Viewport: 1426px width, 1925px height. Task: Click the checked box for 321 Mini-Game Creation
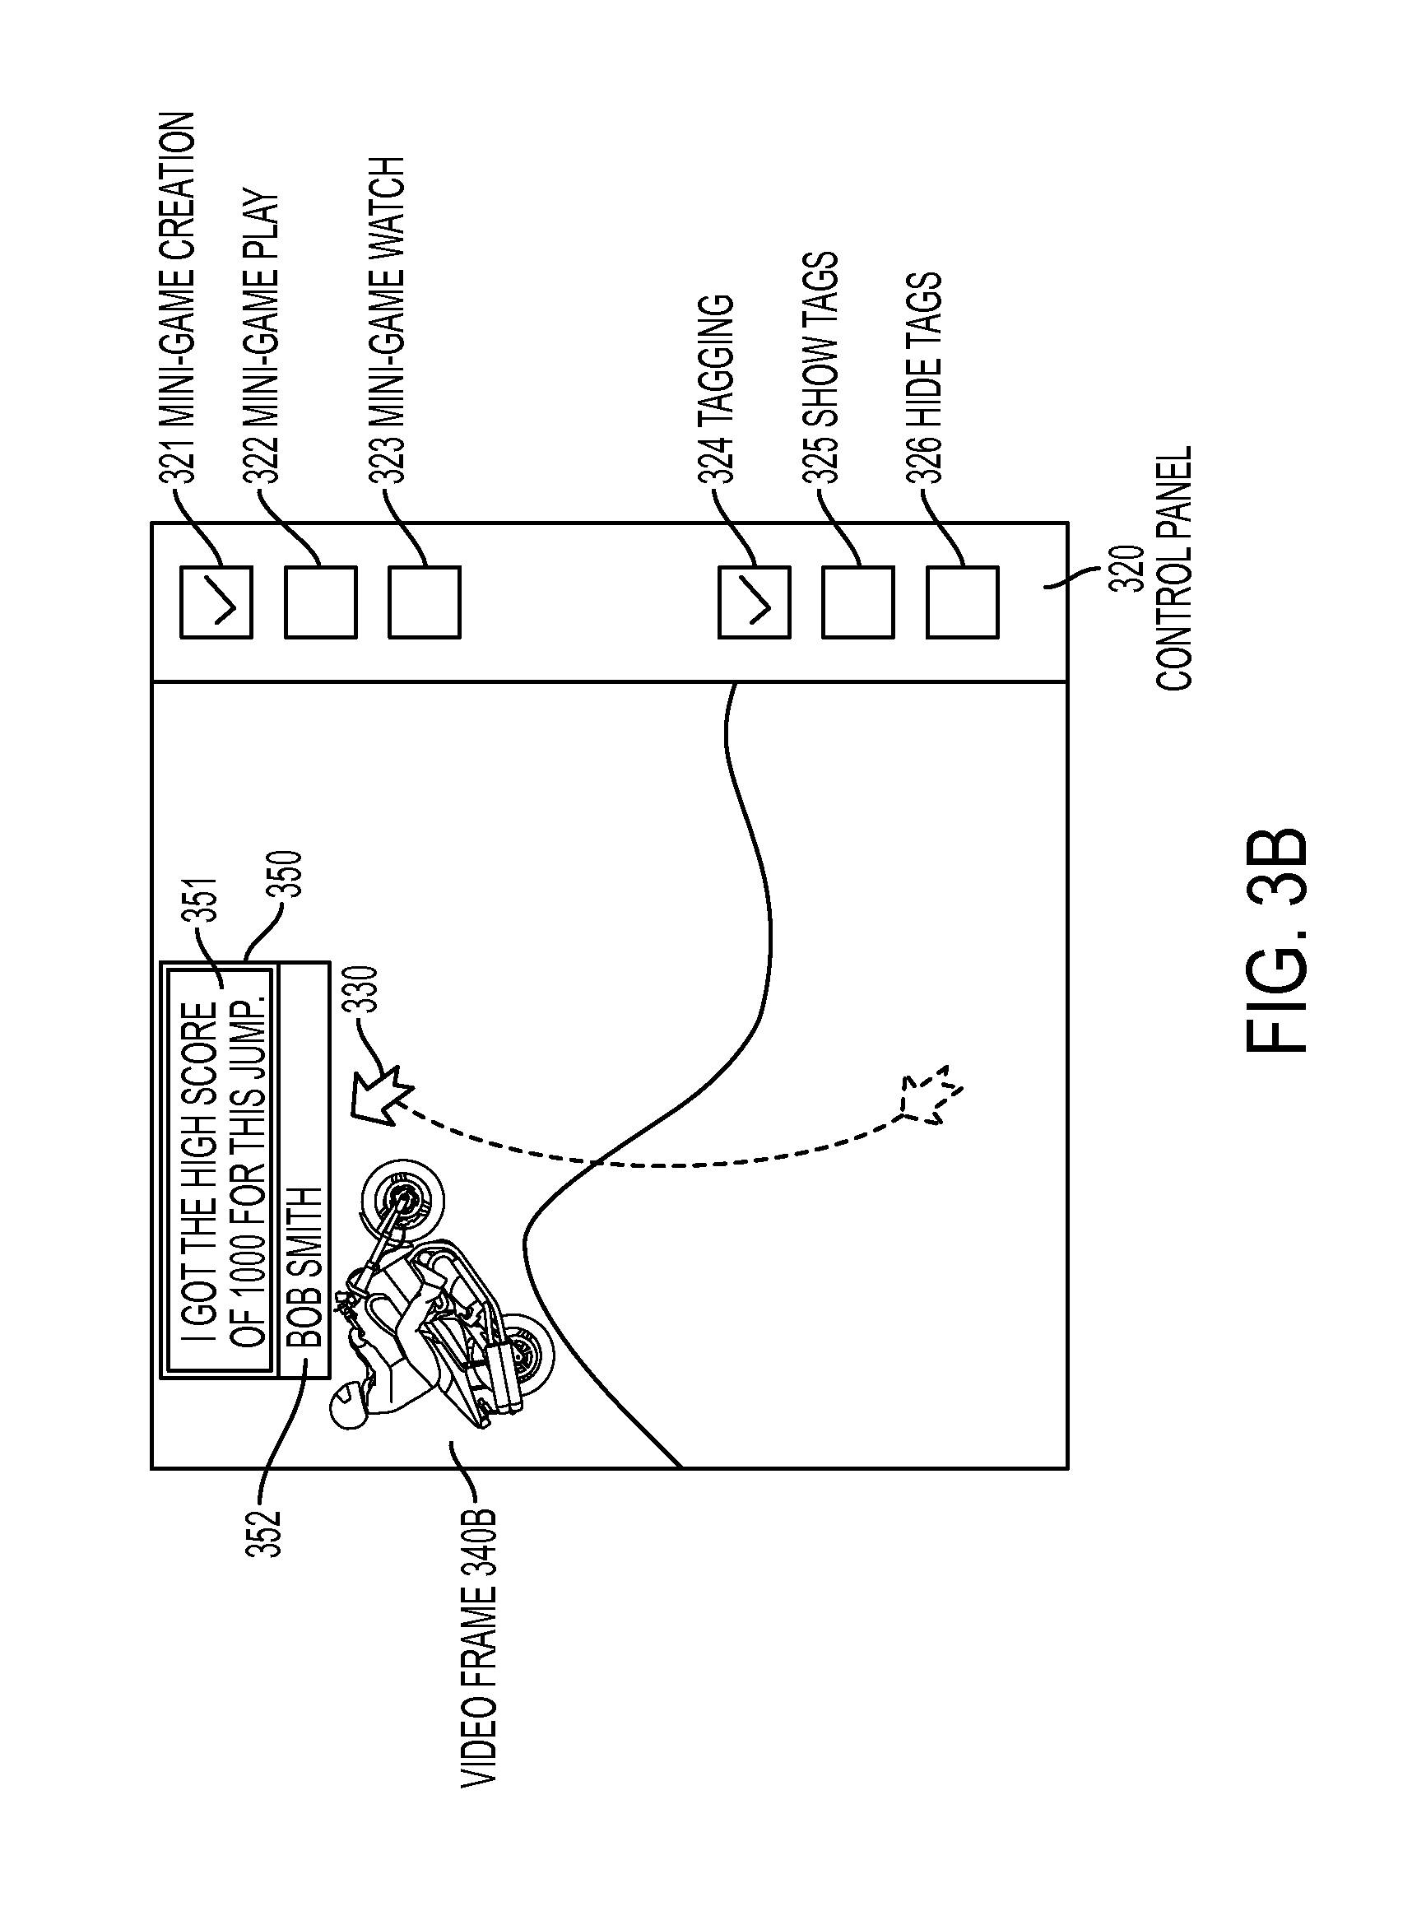pos(216,602)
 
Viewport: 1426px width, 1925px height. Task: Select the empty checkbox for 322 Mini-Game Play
pos(321,602)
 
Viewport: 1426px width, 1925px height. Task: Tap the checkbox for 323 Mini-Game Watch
pos(425,602)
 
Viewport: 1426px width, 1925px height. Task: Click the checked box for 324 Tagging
pos(755,602)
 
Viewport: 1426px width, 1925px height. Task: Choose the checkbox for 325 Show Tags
pos(858,602)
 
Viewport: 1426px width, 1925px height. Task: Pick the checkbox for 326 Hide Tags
pos(963,602)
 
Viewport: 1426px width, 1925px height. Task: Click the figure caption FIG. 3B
pos(1277,941)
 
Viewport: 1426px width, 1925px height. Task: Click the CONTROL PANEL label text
pos(1175,568)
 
